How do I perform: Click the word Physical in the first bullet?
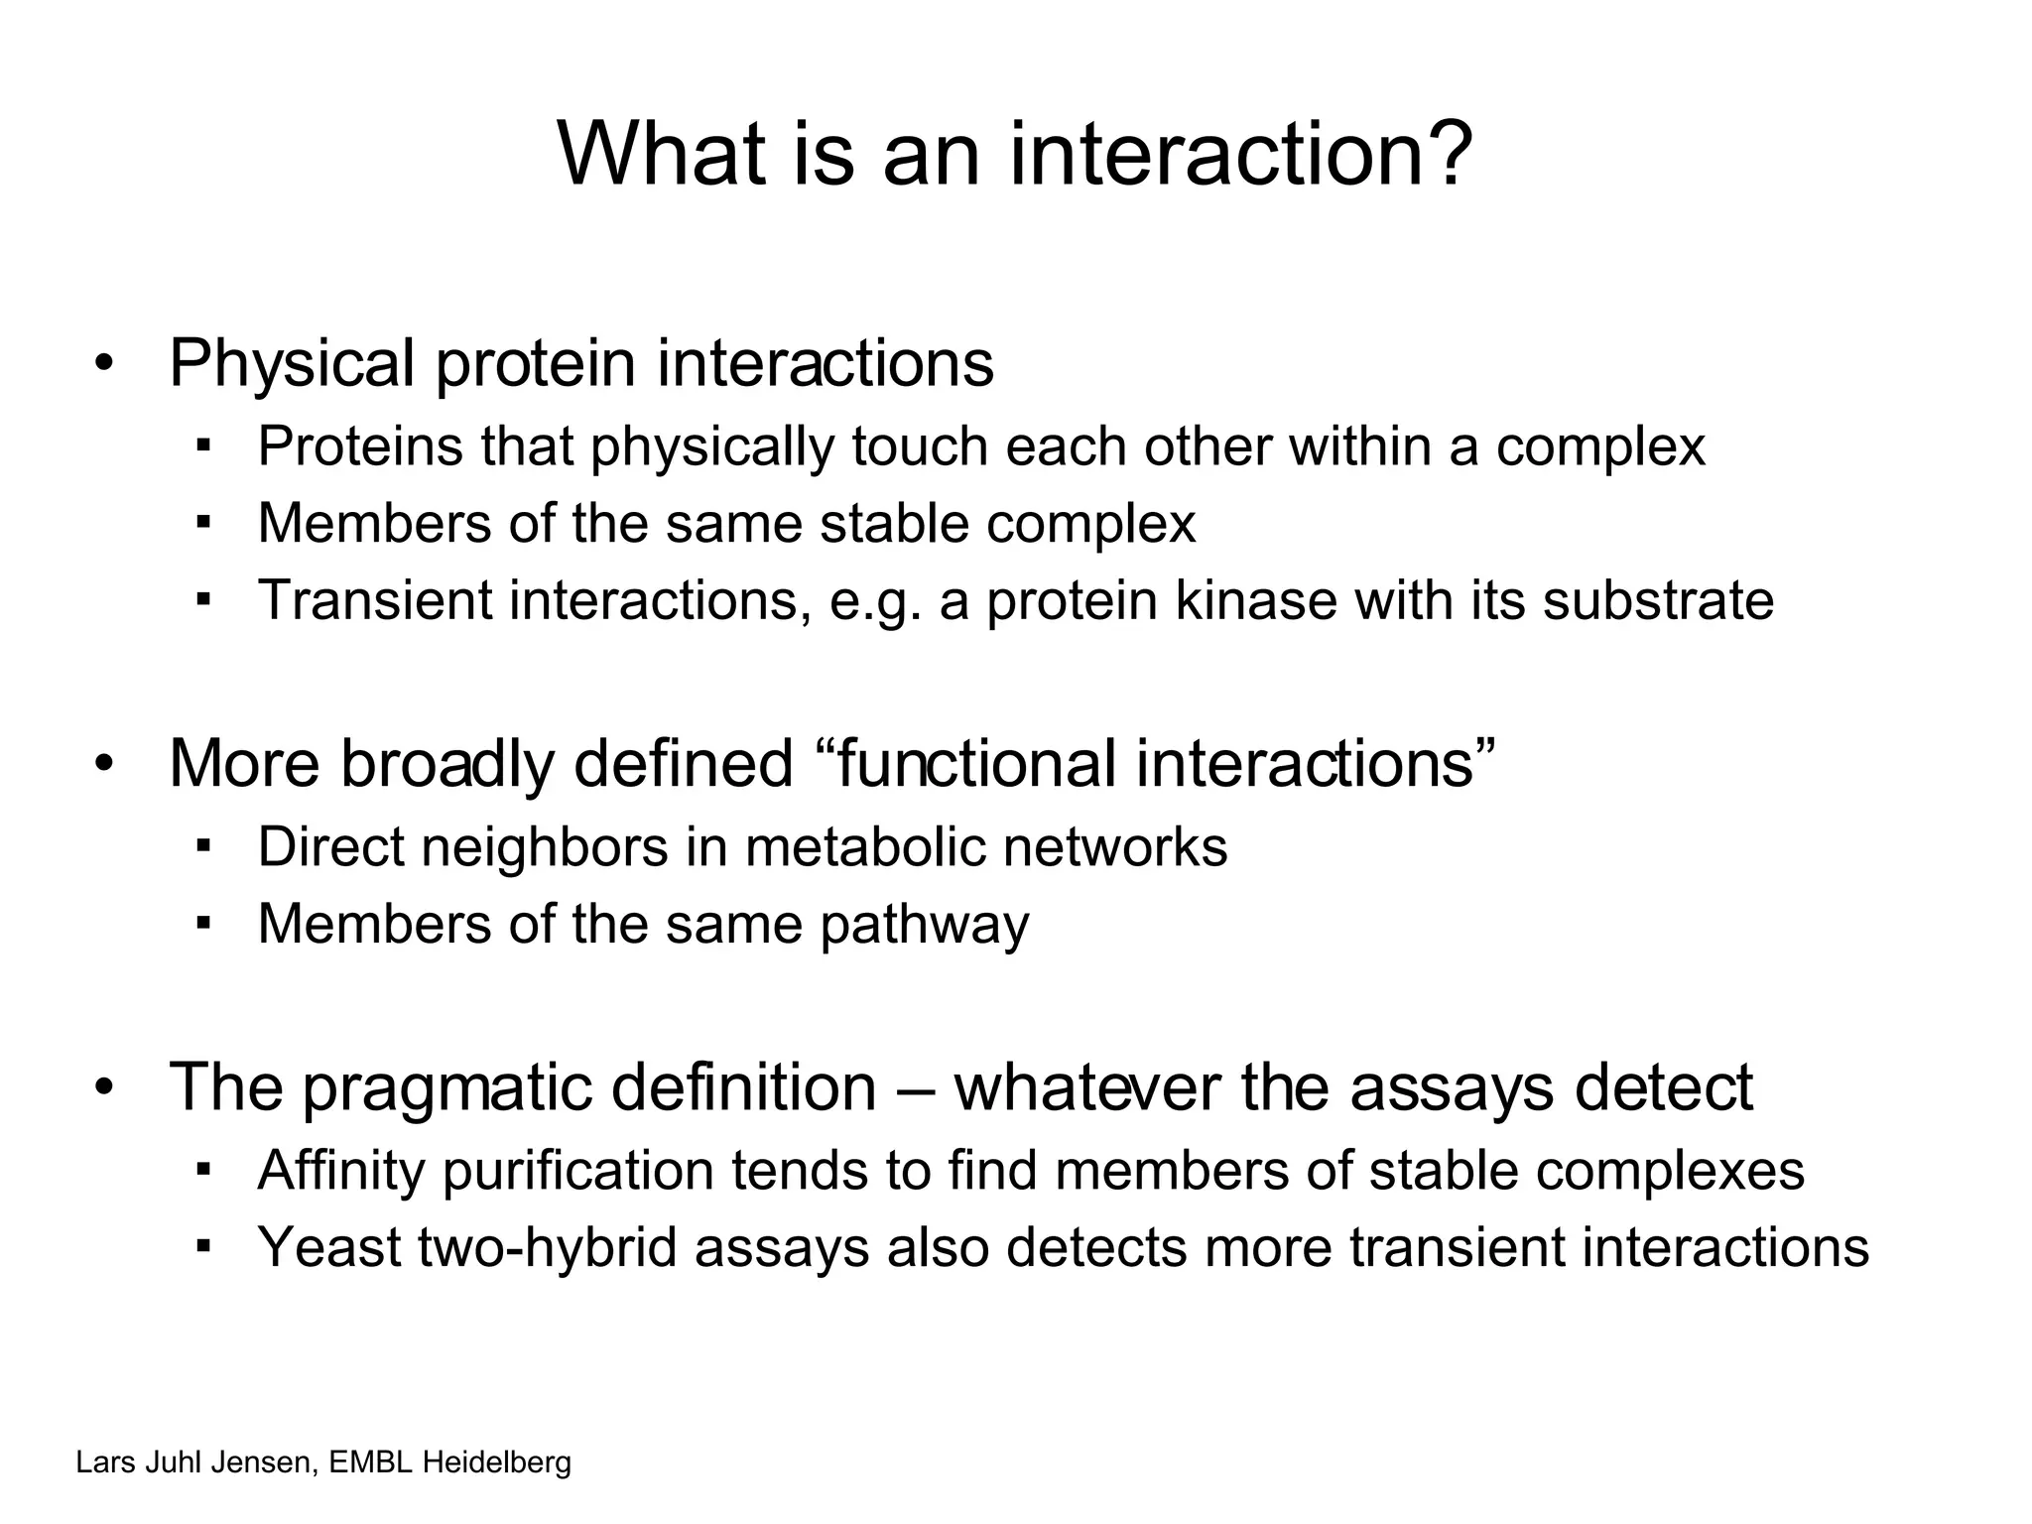[292, 364]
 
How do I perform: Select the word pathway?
[924, 925]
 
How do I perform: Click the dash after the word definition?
[915, 1088]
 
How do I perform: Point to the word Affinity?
[341, 1171]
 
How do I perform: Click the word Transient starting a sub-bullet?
[375, 600]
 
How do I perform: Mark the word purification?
[577, 1171]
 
